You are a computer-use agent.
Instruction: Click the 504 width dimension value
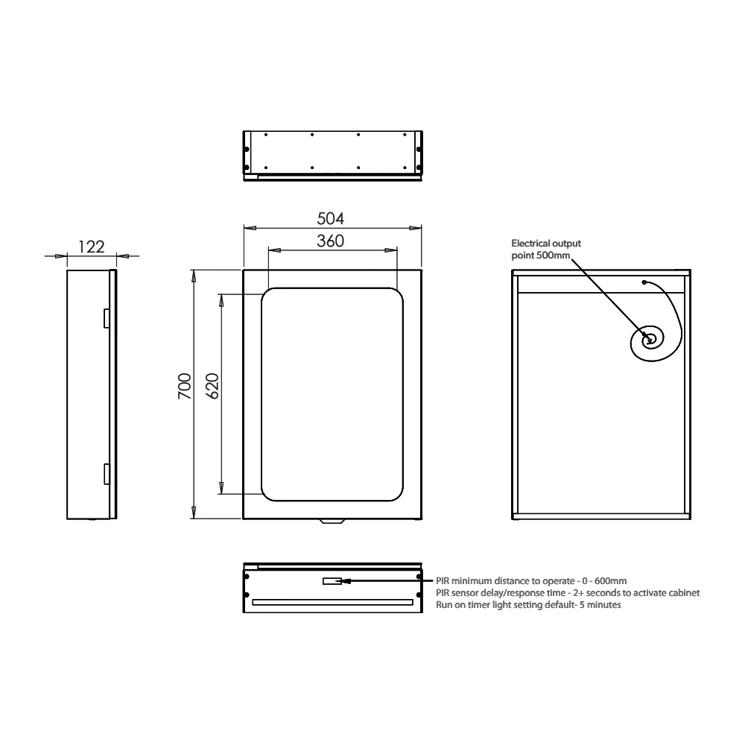click(x=331, y=218)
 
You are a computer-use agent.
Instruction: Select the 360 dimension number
click(x=331, y=241)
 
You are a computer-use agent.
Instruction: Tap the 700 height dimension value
click(x=185, y=387)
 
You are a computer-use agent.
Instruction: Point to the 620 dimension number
click(x=212, y=387)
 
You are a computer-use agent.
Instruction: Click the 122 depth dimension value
click(x=91, y=247)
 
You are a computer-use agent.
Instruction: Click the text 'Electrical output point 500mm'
click(x=545, y=250)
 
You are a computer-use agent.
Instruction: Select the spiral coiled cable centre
click(x=650, y=340)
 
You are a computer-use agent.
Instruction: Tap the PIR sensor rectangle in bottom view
click(x=332, y=580)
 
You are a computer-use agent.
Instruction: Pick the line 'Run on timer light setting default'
click(x=528, y=605)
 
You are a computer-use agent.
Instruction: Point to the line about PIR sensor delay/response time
click(x=567, y=593)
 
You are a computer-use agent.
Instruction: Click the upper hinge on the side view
click(x=106, y=317)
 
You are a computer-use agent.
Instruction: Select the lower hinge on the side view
click(x=106, y=474)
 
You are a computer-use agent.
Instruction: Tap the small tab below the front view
click(x=332, y=522)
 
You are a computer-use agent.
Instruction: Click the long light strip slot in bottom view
click(x=332, y=601)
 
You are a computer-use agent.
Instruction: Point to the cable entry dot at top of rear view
click(x=644, y=283)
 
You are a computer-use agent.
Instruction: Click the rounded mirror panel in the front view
click(x=332, y=393)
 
